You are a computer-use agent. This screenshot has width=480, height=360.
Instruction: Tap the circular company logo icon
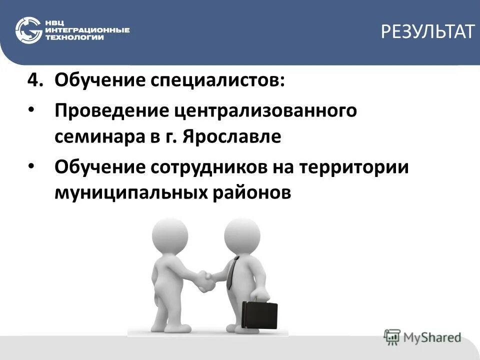pyautogui.click(x=28, y=30)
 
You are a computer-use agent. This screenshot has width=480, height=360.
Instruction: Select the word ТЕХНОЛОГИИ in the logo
pyautogui.click(x=75, y=38)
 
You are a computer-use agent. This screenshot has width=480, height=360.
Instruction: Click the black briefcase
pyautogui.click(x=259, y=315)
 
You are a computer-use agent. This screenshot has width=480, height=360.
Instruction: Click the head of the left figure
pyautogui.click(x=169, y=234)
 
